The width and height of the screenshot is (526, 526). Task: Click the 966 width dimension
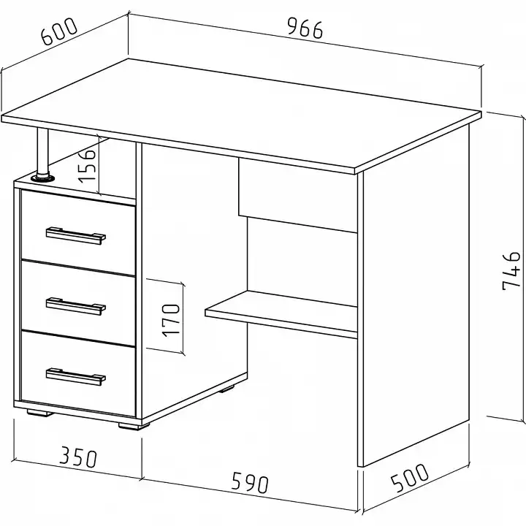click(305, 28)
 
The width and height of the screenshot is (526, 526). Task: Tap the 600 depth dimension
click(59, 31)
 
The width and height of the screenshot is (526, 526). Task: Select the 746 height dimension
click(511, 271)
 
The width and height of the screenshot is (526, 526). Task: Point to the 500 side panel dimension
click(410, 478)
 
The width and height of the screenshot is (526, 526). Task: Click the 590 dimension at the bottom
click(251, 482)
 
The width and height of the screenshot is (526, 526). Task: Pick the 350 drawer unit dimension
click(78, 457)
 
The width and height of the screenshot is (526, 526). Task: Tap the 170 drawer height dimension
click(171, 320)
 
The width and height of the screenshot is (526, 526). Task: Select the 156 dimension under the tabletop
click(87, 166)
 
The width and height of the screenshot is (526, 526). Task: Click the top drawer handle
click(76, 236)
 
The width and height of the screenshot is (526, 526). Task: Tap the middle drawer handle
click(76, 307)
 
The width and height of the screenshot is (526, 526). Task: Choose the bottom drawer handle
click(76, 377)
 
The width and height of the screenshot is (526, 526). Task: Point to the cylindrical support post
click(42, 151)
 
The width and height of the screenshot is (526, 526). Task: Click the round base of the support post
click(42, 178)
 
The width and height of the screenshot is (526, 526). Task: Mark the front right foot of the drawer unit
click(134, 426)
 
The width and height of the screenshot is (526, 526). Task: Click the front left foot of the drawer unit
click(40, 413)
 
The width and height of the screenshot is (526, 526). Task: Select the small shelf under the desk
click(281, 314)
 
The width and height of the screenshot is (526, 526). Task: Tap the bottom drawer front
click(78, 373)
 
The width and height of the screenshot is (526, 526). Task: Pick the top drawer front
click(78, 232)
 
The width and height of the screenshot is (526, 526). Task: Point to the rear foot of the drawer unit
click(226, 389)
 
